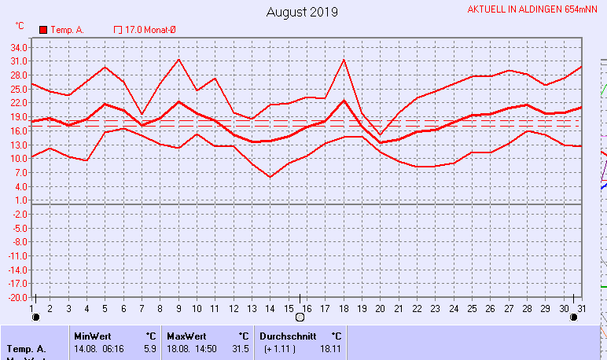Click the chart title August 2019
302,12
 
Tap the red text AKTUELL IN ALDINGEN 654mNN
532,10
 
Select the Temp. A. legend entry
62,30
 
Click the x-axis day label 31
580,307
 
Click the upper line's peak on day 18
344,60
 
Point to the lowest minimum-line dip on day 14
270,177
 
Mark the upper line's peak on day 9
179,60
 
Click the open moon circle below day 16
299,318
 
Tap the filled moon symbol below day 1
35,318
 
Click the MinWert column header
91,335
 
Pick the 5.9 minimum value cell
149,347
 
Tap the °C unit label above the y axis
20,25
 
